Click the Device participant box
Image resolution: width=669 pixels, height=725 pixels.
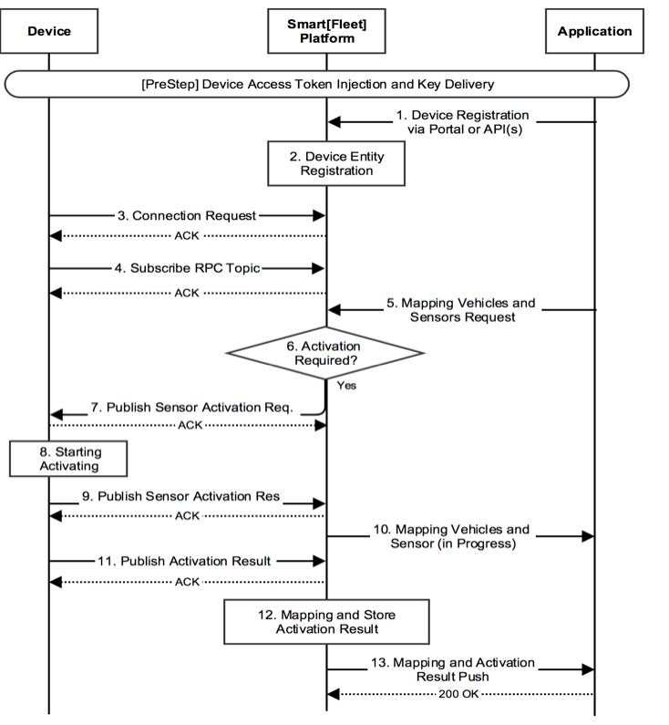pyautogui.click(x=49, y=31)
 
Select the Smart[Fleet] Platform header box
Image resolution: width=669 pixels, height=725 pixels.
pyautogui.click(x=326, y=31)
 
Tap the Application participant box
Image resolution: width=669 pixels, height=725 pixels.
pyautogui.click(x=594, y=31)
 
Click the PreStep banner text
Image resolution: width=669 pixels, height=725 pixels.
pyautogui.click(x=318, y=84)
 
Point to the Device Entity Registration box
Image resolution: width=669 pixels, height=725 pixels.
pyautogui.click(x=336, y=163)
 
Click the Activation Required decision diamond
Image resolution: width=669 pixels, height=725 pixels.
pyautogui.click(x=325, y=353)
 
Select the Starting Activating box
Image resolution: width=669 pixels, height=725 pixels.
pyautogui.click(x=68, y=459)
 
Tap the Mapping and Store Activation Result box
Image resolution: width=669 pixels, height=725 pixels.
pyautogui.click(x=326, y=622)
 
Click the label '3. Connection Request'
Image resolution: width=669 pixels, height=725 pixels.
pyautogui.click(x=187, y=215)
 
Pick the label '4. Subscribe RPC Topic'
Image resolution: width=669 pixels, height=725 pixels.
pyautogui.click(x=187, y=268)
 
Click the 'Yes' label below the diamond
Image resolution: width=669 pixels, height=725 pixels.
pyautogui.click(x=346, y=386)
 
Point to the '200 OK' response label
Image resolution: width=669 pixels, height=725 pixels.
pyautogui.click(x=458, y=694)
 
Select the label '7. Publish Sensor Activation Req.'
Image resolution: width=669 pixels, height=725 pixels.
pyautogui.click(x=191, y=408)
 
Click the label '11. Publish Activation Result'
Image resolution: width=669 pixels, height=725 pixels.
pyautogui.click(x=184, y=562)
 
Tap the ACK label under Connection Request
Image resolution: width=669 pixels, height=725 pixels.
pyautogui.click(x=187, y=236)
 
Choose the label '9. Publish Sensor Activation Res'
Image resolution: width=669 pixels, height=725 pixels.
pyautogui.click(x=181, y=496)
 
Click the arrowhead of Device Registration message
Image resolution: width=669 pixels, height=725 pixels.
pyautogui.click(x=334, y=122)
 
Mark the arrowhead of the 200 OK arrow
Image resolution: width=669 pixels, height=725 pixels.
pyautogui.click(x=333, y=694)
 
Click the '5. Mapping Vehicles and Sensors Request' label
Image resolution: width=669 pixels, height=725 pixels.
pyautogui.click(x=461, y=310)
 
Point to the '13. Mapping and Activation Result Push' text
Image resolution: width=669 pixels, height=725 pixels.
pyautogui.click(x=453, y=669)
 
